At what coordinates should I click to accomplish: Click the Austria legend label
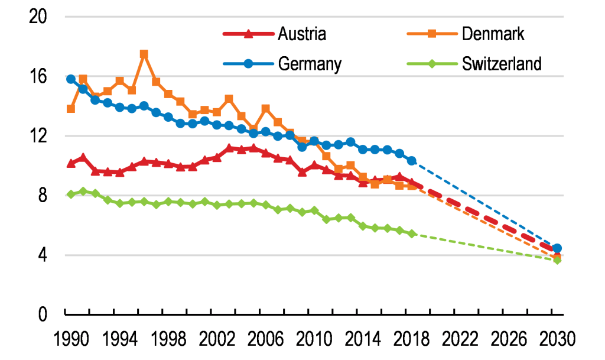pyautogui.click(x=301, y=33)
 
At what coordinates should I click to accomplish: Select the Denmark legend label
pyautogui.click(x=493, y=33)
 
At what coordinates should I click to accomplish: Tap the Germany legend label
pyautogui.click(x=310, y=63)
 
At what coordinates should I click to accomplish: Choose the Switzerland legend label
pyautogui.click(x=502, y=63)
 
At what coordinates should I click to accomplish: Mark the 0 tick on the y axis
pyautogui.click(x=43, y=314)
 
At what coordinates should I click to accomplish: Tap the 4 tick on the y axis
pyautogui.click(x=43, y=255)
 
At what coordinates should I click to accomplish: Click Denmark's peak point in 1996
pyautogui.click(x=144, y=54)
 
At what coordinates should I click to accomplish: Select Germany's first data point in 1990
pyautogui.click(x=71, y=79)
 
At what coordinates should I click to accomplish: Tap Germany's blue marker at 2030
pyautogui.click(x=557, y=248)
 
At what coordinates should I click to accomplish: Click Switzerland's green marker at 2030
pyautogui.click(x=557, y=260)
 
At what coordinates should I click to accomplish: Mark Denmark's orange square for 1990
pyautogui.click(x=71, y=109)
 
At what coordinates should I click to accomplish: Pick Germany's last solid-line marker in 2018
pyautogui.click(x=411, y=161)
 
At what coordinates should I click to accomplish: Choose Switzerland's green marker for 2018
pyautogui.click(x=411, y=233)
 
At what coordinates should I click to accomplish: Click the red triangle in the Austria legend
pyautogui.click(x=248, y=33)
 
